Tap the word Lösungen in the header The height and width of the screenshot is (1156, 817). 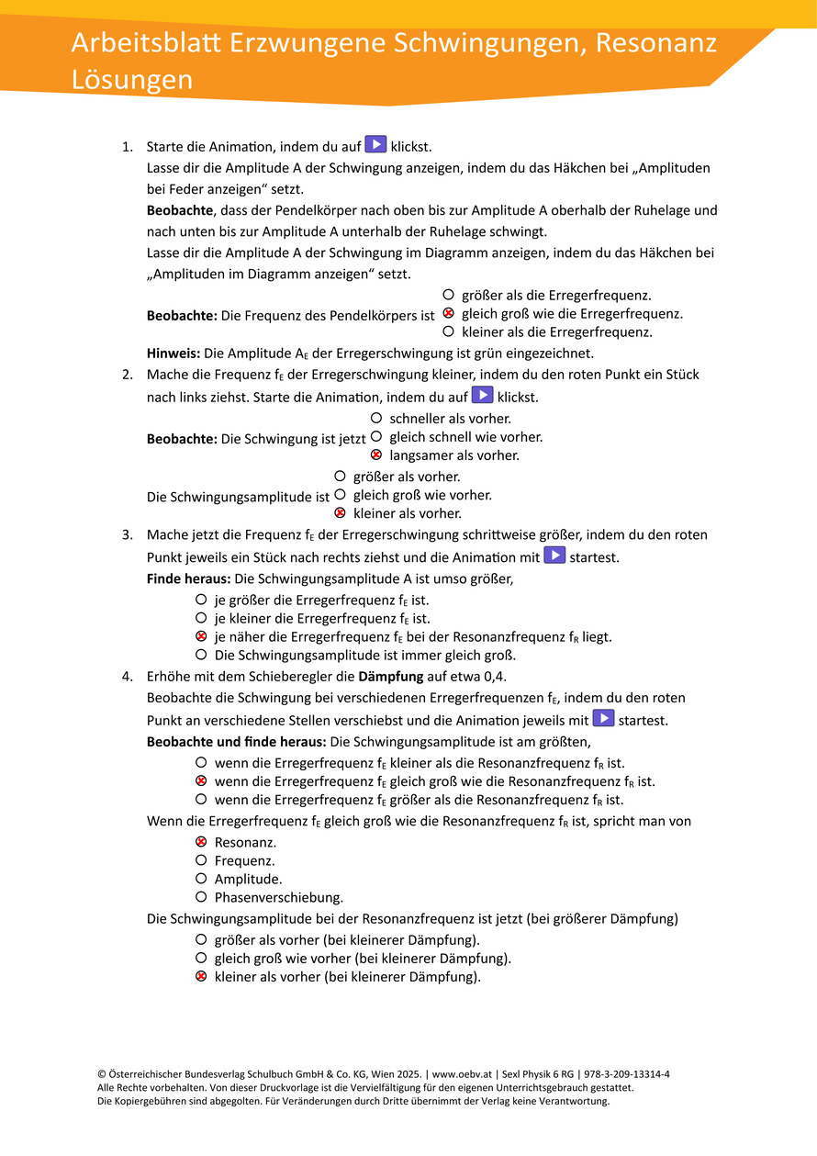132,80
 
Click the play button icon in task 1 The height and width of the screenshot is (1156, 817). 375,144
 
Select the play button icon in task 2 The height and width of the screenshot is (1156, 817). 482,395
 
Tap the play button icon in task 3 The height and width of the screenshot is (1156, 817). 554,555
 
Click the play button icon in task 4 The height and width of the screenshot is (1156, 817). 603,718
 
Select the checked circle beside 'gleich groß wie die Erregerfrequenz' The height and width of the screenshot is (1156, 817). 448,314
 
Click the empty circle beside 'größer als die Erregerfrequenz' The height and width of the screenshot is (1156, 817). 448,295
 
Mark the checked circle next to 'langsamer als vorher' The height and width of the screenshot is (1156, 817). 376,455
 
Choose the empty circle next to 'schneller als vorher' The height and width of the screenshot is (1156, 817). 376,418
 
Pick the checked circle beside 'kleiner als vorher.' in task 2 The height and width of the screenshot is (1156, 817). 340,513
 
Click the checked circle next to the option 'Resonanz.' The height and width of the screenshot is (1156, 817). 200,842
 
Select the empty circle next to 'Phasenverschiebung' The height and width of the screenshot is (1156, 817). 200,897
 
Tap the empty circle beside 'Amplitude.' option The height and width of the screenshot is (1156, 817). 200,879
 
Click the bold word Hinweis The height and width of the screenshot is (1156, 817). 173,353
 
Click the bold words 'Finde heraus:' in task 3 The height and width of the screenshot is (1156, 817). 188,579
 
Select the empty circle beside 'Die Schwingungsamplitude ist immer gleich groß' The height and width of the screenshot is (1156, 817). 200,655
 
